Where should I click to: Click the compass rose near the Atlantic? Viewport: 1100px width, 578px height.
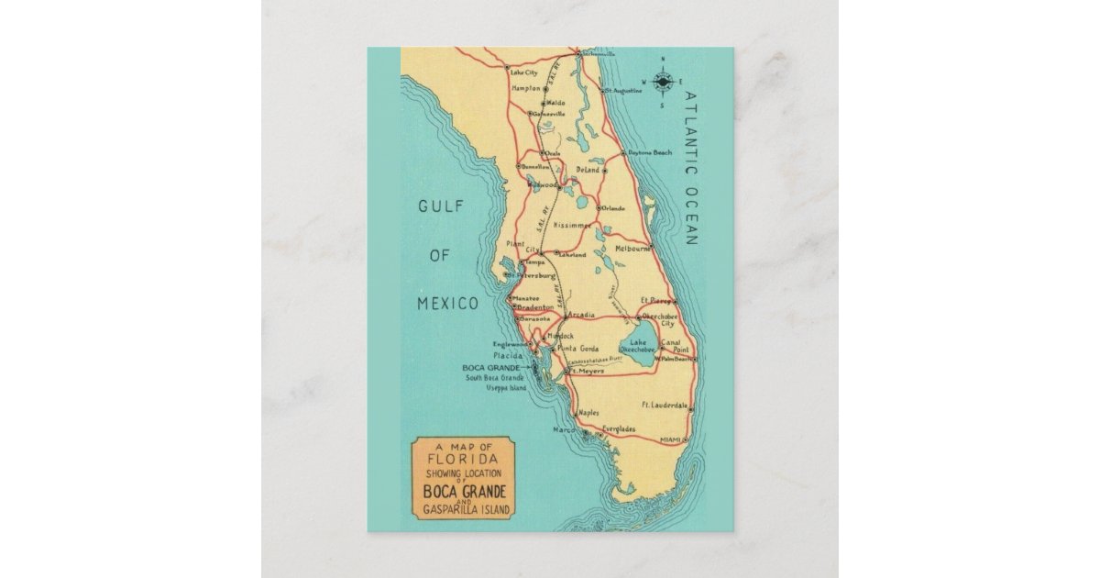(662, 83)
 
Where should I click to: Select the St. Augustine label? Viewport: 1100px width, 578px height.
(625, 91)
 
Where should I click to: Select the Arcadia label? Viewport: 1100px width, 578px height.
(581, 315)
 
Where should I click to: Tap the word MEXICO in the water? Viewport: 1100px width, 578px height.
(448, 304)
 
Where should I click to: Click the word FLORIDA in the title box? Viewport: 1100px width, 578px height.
(465, 458)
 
